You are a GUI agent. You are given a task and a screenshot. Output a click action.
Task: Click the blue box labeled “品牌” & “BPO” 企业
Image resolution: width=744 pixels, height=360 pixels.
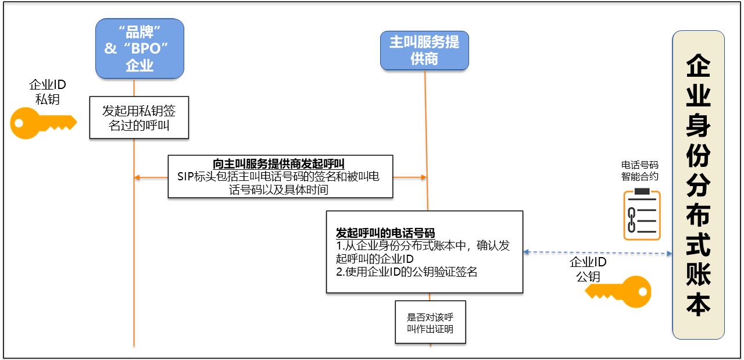139,48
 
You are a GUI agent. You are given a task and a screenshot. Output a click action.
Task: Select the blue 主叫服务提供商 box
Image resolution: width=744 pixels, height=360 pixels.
424,50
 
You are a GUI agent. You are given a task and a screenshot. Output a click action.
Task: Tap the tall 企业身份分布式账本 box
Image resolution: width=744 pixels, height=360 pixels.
698,185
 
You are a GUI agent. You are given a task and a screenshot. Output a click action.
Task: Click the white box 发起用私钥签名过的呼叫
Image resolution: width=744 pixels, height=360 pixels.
139,117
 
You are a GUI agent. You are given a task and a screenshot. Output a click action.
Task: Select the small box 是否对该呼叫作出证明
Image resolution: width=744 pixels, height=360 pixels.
430,322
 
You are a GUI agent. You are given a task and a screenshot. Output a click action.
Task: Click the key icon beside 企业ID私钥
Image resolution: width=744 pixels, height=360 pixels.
43,124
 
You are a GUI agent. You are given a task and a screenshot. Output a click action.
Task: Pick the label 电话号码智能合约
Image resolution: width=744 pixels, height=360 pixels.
640,170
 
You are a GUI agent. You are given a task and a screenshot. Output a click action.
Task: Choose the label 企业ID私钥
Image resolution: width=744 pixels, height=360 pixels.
48,92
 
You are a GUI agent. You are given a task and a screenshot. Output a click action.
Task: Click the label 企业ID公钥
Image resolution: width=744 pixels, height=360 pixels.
588,269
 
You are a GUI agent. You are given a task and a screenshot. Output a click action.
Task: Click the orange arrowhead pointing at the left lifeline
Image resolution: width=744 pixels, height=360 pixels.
138,177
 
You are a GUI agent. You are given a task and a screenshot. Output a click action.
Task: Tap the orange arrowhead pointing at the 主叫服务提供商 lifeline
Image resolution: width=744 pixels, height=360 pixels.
423,177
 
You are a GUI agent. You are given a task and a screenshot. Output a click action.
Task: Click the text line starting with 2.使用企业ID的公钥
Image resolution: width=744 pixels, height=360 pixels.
407,272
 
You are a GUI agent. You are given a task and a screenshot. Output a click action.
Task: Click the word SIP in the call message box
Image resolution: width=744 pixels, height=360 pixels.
187,177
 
